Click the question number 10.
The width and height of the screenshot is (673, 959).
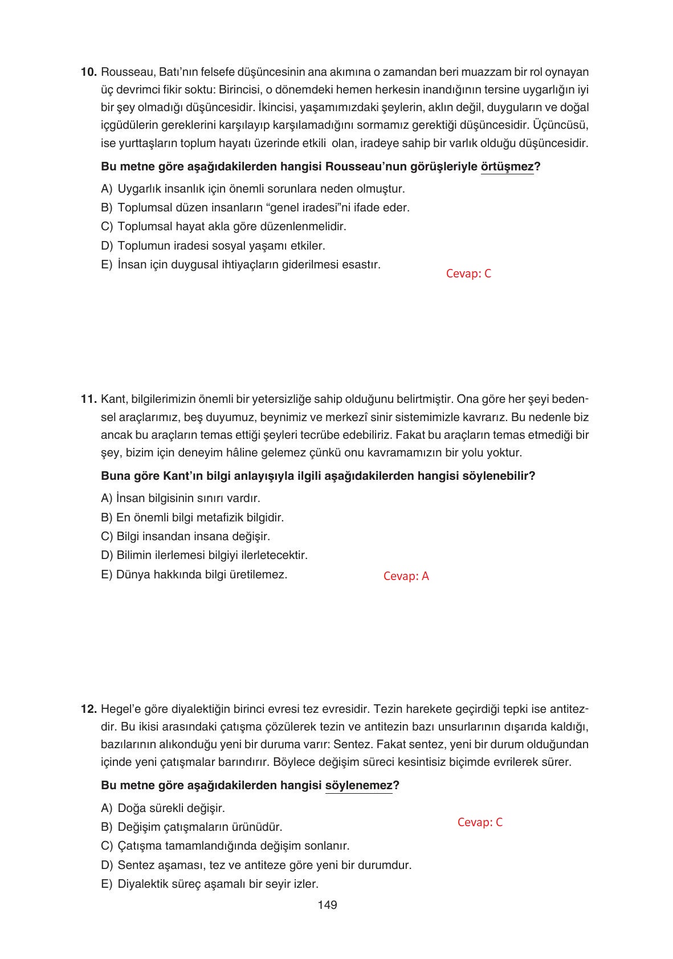89,72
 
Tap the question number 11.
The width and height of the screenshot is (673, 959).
89,399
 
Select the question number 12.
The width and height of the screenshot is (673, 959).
89,709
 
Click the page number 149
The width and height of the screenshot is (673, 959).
328,905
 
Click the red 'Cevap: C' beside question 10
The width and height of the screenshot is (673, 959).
468,274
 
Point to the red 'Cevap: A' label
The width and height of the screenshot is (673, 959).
406,576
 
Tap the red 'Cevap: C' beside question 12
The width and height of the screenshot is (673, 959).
480,822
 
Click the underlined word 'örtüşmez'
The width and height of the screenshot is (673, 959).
507,167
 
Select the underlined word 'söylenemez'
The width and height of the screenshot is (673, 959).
358,786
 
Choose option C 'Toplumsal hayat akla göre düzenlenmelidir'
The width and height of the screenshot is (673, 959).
223,227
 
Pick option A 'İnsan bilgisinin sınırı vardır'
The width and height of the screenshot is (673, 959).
181,499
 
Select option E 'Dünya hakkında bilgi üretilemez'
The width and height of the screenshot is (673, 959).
194,574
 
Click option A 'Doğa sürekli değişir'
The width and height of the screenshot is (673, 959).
163,809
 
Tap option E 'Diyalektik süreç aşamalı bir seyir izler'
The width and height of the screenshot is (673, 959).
210,884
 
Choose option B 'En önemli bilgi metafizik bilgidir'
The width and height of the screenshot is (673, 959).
193,518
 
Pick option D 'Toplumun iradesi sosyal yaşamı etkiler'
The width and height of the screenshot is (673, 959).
213,246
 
